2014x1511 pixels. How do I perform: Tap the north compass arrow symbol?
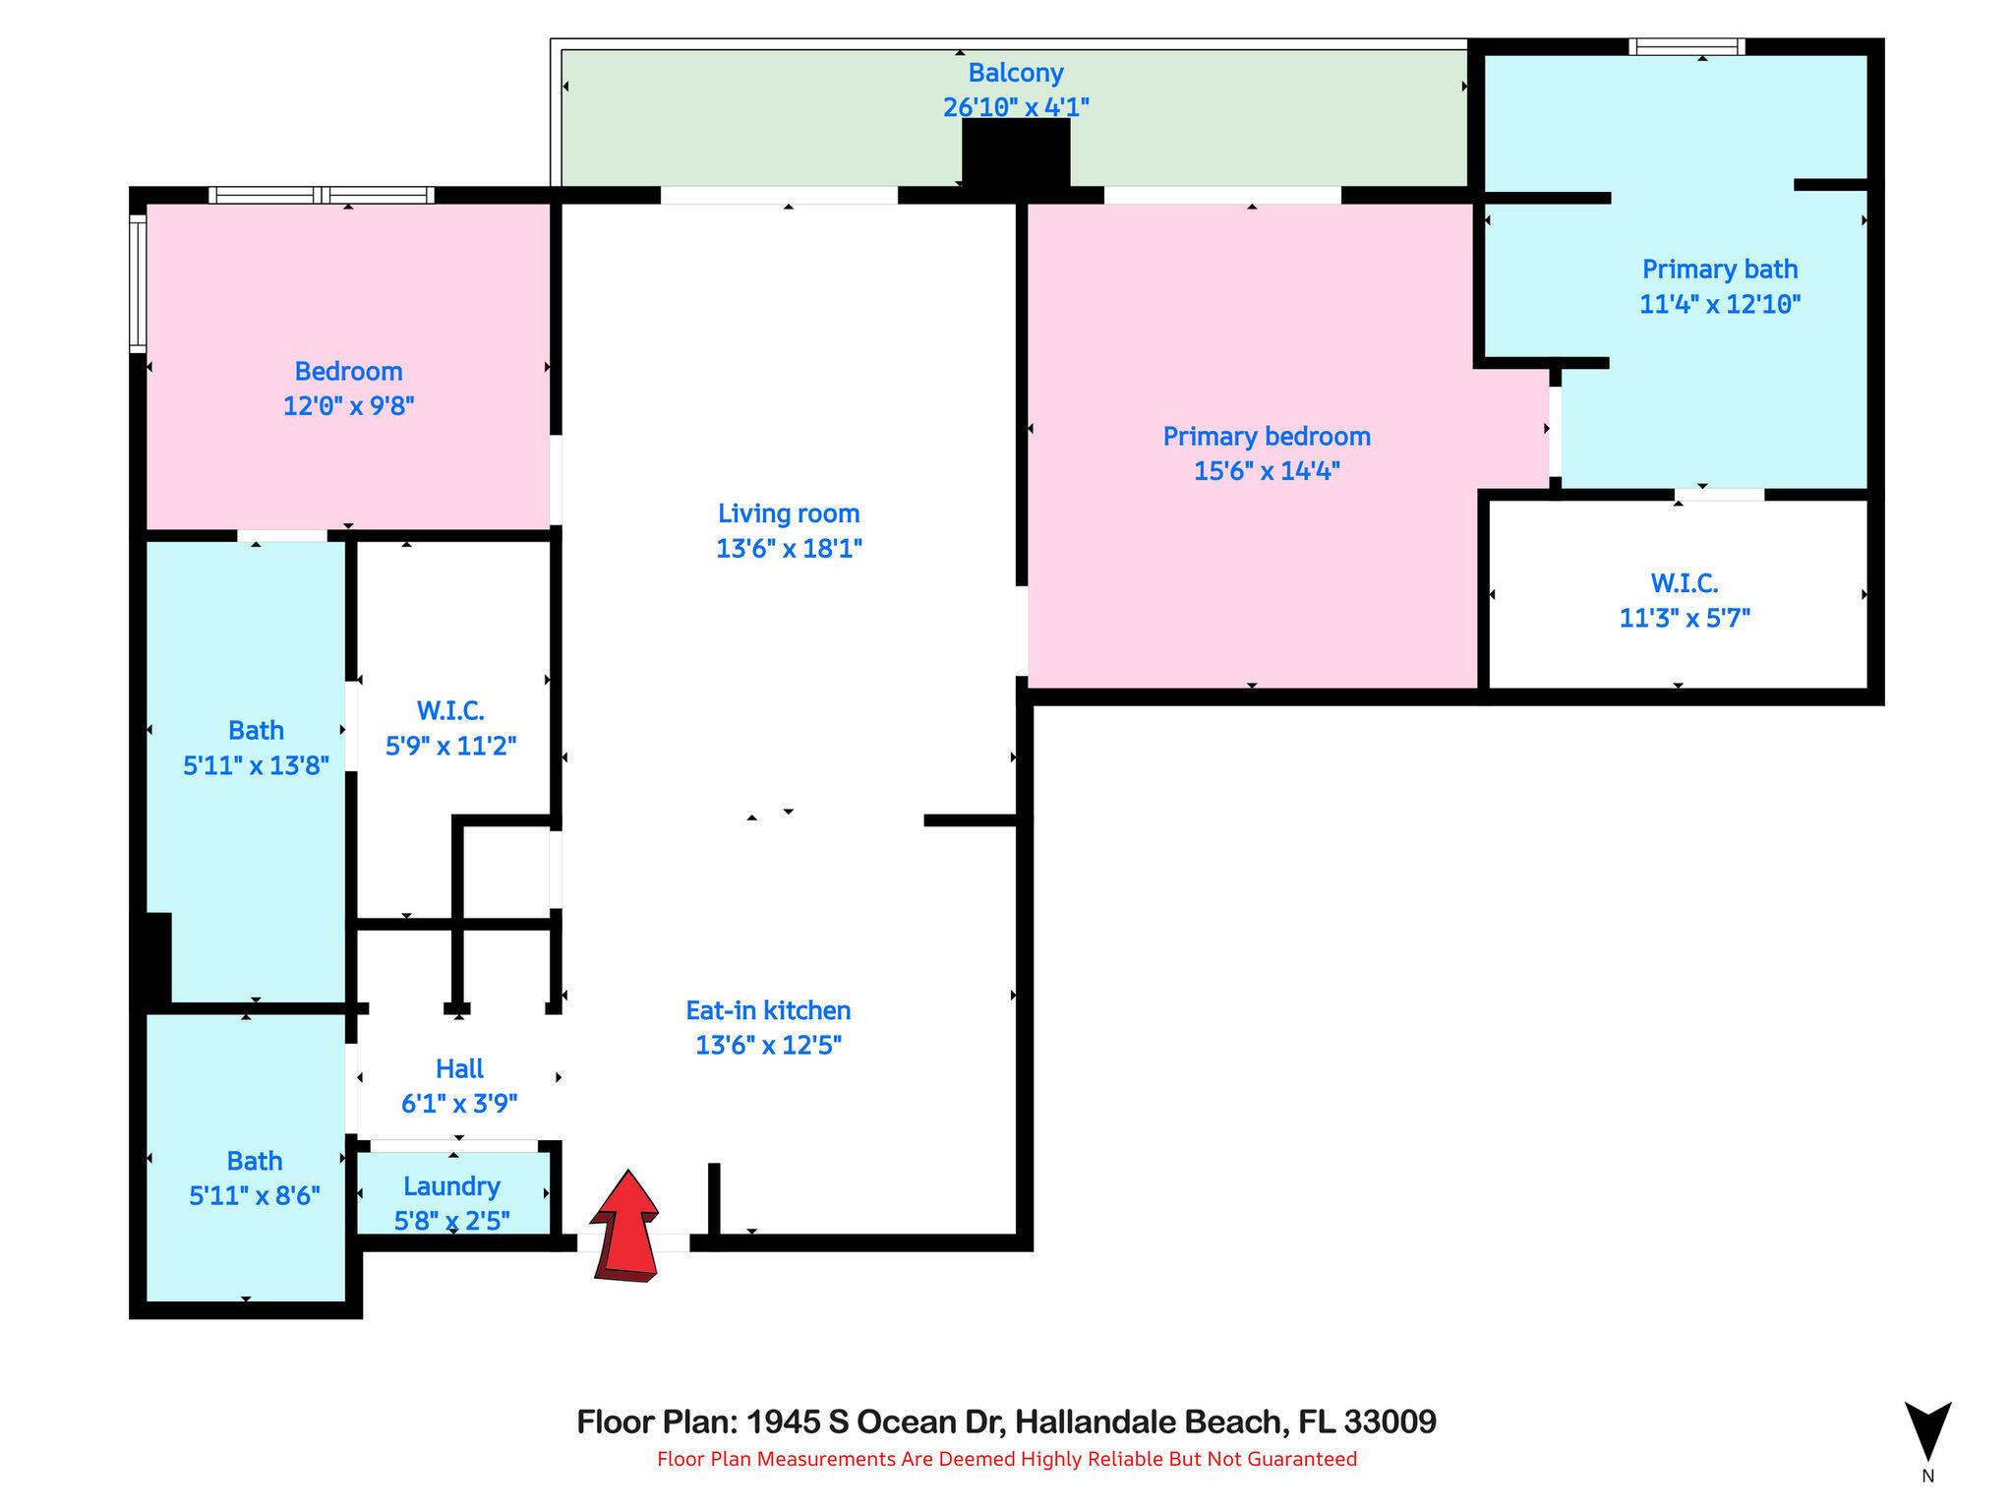coord(1927,1431)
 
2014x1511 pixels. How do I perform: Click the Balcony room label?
coord(1016,73)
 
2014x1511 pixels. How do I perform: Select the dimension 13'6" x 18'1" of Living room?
coord(789,548)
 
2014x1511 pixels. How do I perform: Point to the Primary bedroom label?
coord(1267,436)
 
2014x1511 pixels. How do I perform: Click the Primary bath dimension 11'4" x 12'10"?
coord(1719,304)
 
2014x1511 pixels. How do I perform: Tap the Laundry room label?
coord(451,1186)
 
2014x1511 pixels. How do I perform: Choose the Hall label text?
coord(459,1068)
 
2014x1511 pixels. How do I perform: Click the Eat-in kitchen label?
coord(768,1010)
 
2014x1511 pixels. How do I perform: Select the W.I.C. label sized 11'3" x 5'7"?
coord(1684,583)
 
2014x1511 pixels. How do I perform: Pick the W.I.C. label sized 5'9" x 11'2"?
coord(450,710)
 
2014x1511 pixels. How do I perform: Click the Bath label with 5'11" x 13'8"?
coord(256,730)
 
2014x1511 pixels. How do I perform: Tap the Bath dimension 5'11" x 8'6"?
coord(255,1195)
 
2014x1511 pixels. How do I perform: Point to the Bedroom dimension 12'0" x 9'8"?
coord(348,405)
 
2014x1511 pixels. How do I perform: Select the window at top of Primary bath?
coord(1686,46)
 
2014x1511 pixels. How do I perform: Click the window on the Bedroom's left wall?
coord(138,283)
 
